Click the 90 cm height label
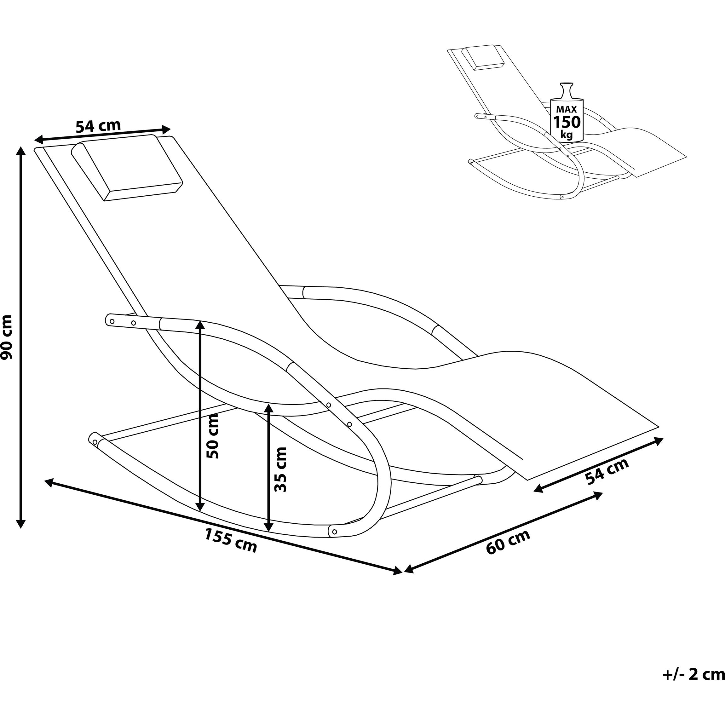point(6,337)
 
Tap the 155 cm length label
point(231,540)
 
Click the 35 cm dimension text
point(280,469)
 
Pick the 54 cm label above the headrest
point(98,126)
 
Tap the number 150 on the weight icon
point(567,122)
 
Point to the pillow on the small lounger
point(482,57)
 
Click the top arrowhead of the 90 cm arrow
point(21,151)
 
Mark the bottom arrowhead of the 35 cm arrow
point(269,526)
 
